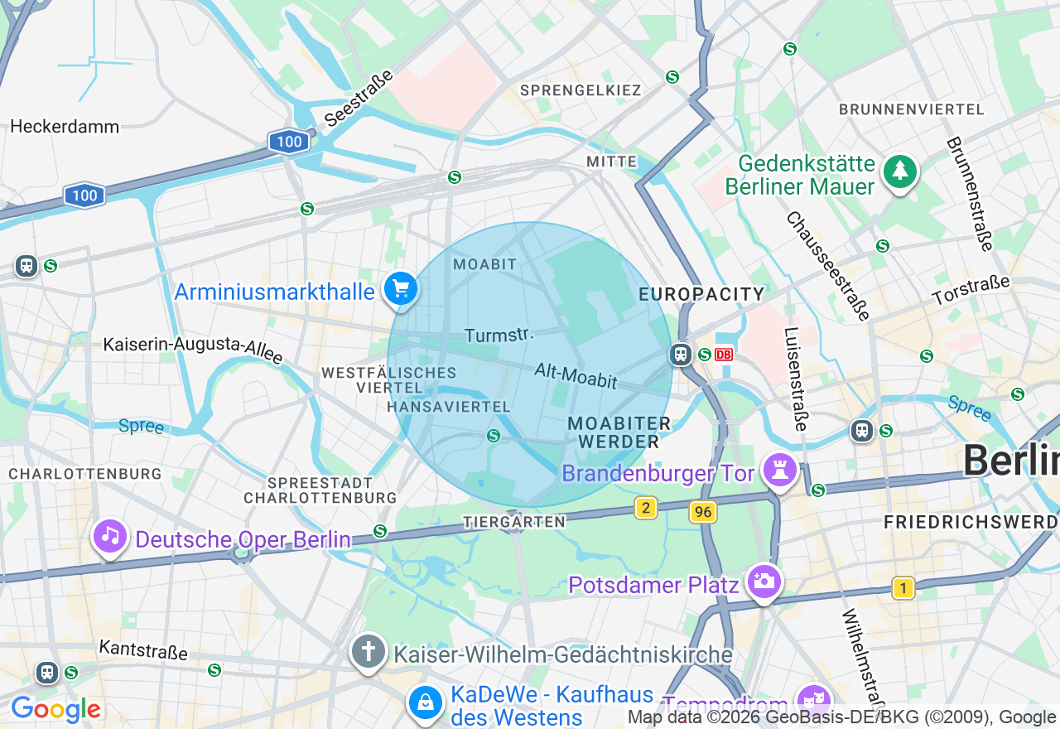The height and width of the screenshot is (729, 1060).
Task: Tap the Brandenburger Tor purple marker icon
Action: pyautogui.click(x=779, y=469)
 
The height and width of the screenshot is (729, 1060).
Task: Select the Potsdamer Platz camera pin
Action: pyautogui.click(x=763, y=582)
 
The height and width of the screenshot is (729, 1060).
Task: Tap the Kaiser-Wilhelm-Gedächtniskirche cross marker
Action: pyautogui.click(x=369, y=651)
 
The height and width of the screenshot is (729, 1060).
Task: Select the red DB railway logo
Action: pyautogui.click(x=724, y=355)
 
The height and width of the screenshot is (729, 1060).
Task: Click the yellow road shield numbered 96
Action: pyautogui.click(x=703, y=513)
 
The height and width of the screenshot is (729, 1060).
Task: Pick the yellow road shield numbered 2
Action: pyautogui.click(x=646, y=508)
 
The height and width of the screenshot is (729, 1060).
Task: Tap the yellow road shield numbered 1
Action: pyautogui.click(x=903, y=588)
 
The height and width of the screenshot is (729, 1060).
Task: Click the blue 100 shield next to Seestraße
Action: pyautogui.click(x=289, y=142)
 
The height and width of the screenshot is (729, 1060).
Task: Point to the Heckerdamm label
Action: pyautogui.click(x=65, y=127)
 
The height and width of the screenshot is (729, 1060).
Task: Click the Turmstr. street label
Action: pyautogui.click(x=497, y=335)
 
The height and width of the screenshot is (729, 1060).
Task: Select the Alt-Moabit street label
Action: pyautogui.click(x=576, y=375)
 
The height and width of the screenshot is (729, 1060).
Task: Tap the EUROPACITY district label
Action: pyautogui.click(x=701, y=294)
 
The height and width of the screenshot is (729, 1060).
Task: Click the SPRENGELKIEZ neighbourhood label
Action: pyautogui.click(x=580, y=89)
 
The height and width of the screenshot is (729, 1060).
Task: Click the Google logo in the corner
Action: pyautogui.click(x=55, y=709)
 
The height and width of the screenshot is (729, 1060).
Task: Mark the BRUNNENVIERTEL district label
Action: pyautogui.click(x=911, y=109)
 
